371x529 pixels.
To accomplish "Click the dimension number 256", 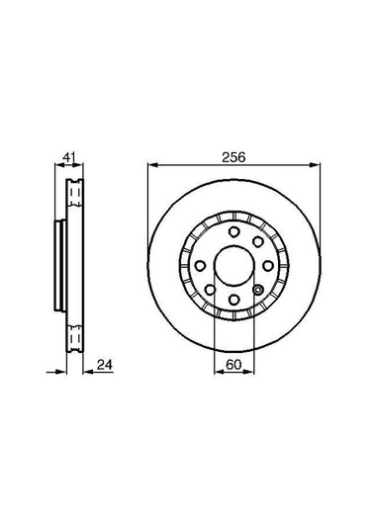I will coord(233,156).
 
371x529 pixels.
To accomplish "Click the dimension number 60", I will coord(233,365).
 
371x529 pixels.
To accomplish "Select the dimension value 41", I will coord(67,156).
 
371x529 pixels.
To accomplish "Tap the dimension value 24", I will coord(103,365).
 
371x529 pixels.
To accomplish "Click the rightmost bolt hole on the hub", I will coord(264,266).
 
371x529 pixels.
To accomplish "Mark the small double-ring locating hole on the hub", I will coord(256,290).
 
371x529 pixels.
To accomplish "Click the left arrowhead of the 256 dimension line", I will coord(150,165).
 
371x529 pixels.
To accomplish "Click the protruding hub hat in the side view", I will coord(58,266).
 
